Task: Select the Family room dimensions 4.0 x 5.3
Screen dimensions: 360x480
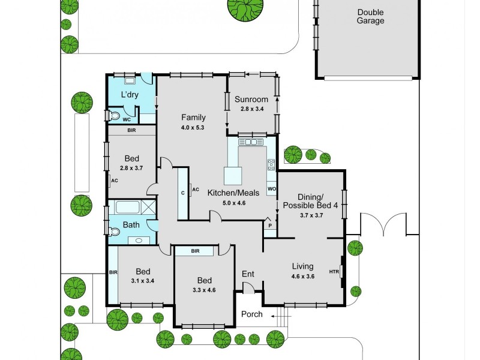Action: point(193,127)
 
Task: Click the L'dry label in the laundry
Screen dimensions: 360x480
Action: point(130,95)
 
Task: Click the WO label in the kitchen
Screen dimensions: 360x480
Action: point(271,190)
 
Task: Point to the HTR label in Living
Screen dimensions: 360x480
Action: point(334,272)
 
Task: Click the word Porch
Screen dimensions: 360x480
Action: point(251,314)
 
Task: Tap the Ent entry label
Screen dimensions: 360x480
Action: point(248,274)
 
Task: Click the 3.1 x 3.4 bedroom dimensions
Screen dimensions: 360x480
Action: point(142,280)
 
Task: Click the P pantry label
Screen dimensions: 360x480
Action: point(269,226)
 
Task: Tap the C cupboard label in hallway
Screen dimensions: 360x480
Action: point(182,193)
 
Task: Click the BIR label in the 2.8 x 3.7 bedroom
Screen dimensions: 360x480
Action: point(131,130)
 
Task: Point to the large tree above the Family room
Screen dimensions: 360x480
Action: point(244,9)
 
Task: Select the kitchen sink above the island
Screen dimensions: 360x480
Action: point(251,142)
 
